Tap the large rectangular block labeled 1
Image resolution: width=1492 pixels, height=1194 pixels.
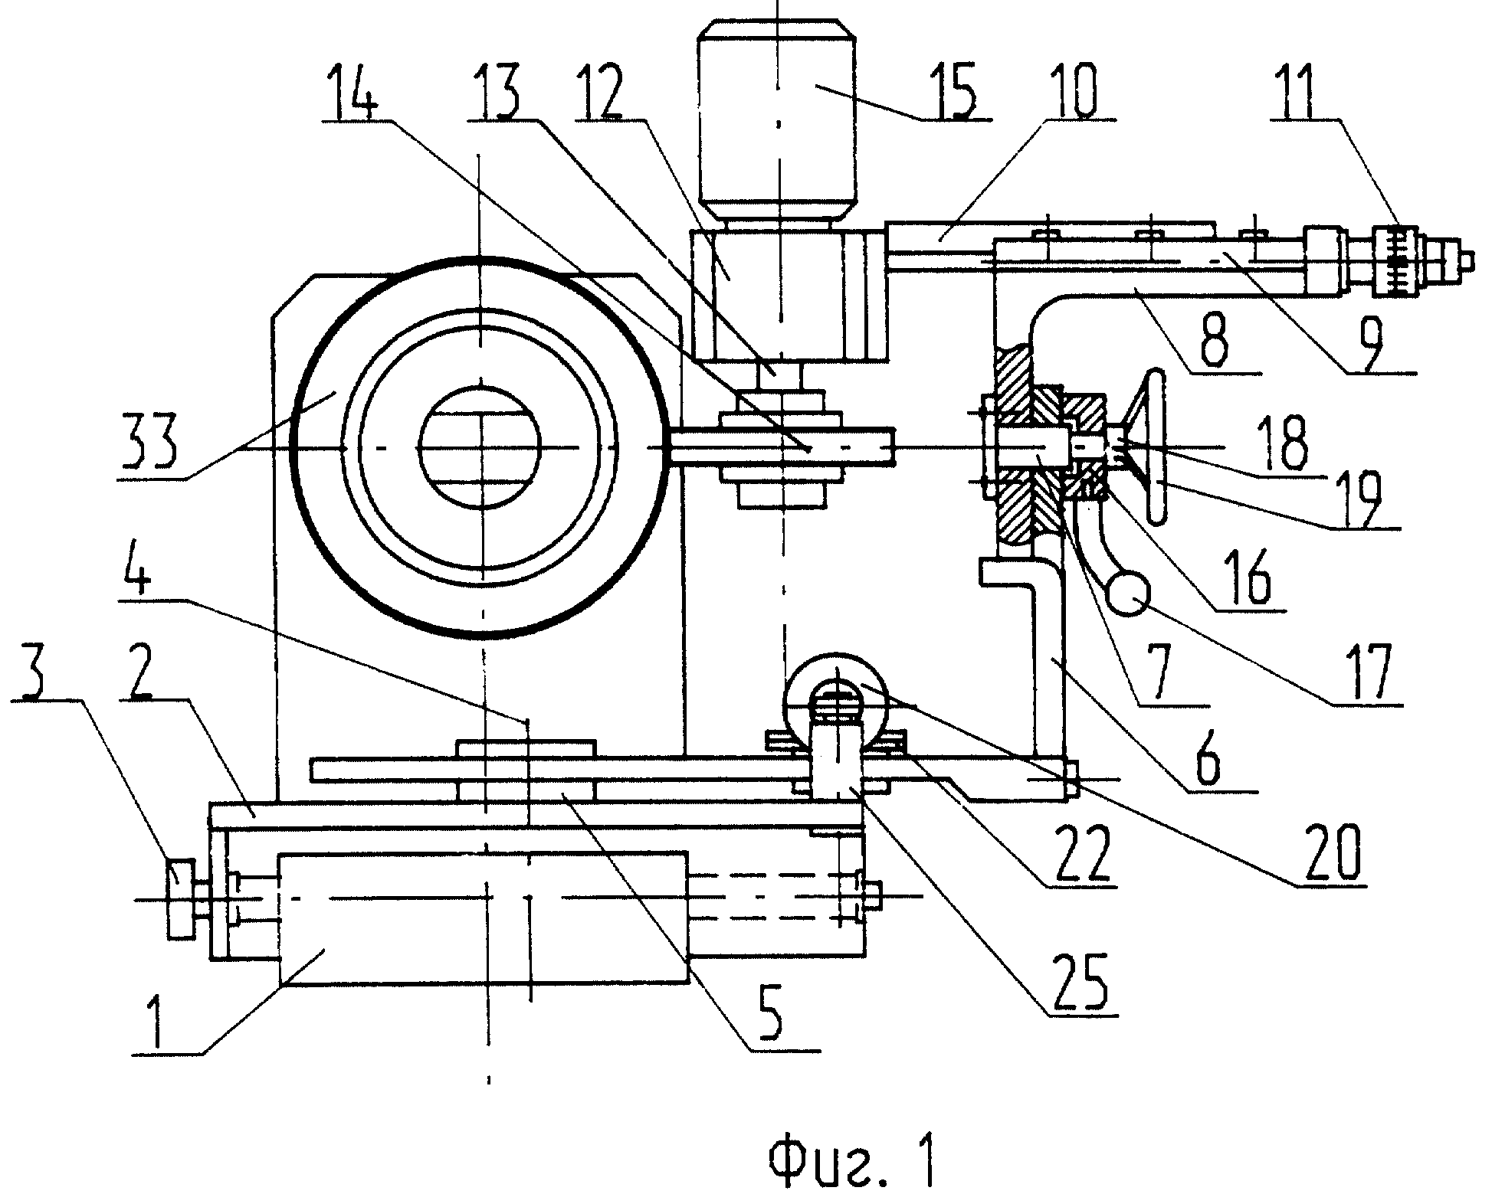484,918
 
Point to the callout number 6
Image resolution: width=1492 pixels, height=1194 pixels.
1209,759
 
